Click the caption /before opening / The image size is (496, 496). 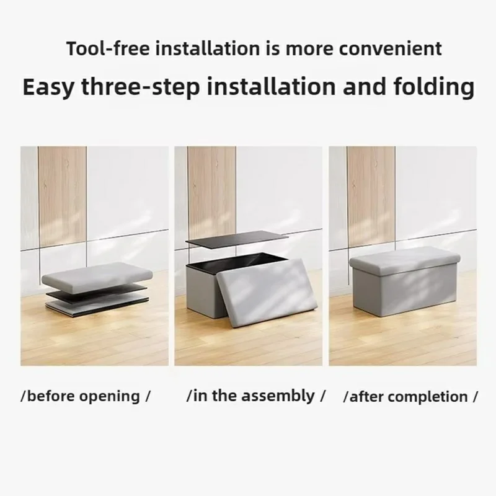[86, 396]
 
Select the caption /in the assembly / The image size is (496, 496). [255, 396]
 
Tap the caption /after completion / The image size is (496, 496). [410, 396]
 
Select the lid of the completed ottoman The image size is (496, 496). [403, 259]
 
